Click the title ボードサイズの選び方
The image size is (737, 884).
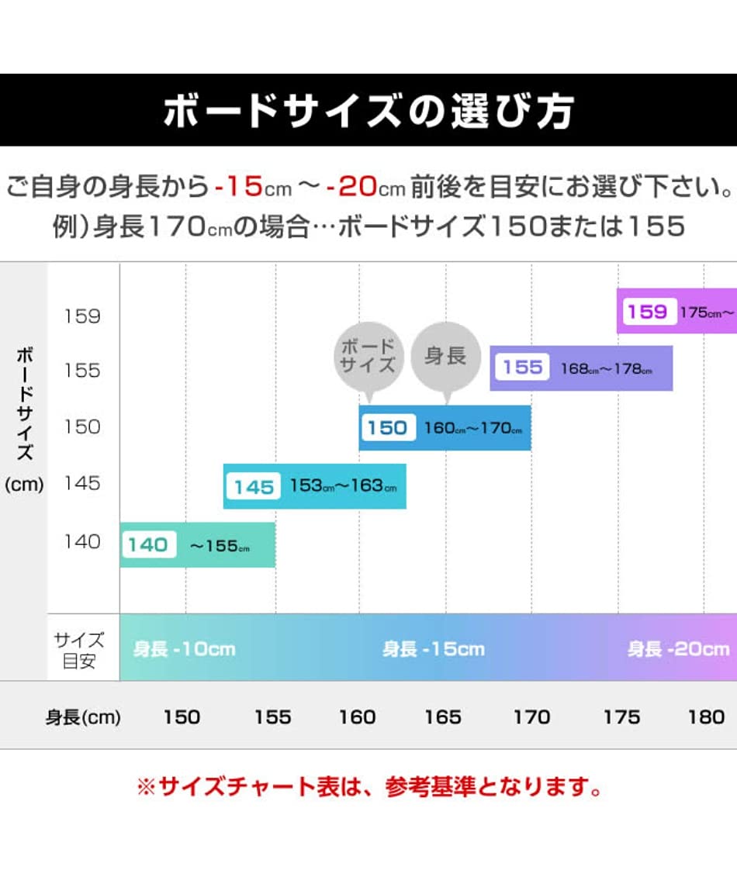pyautogui.click(x=368, y=111)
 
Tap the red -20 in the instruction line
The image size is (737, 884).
pyautogui.click(x=351, y=187)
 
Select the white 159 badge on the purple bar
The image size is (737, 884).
pyautogui.click(x=648, y=312)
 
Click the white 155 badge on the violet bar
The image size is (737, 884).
pyautogui.click(x=522, y=368)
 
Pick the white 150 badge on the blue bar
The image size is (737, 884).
pyautogui.click(x=386, y=427)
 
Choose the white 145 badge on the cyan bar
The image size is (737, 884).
pyautogui.click(x=254, y=487)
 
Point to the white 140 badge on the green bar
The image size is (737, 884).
pyautogui.click(x=147, y=544)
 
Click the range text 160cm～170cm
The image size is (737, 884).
pyautogui.click(x=473, y=428)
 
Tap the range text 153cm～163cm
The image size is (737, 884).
pyautogui.click(x=343, y=486)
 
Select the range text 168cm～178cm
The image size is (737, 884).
pyautogui.click(x=606, y=368)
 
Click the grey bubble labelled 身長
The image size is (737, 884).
pyautogui.click(x=445, y=357)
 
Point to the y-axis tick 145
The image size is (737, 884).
pyautogui.click(x=82, y=483)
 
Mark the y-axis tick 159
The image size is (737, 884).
pyautogui.click(x=82, y=316)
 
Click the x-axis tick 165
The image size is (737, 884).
pyautogui.click(x=443, y=717)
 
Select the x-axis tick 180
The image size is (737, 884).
pyautogui.click(x=706, y=717)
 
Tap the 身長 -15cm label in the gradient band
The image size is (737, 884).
pyautogui.click(x=433, y=649)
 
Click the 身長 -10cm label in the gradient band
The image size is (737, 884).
pyautogui.click(x=184, y=649)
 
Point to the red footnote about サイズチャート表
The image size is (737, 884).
pyautogui.click(x=369, y=789)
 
